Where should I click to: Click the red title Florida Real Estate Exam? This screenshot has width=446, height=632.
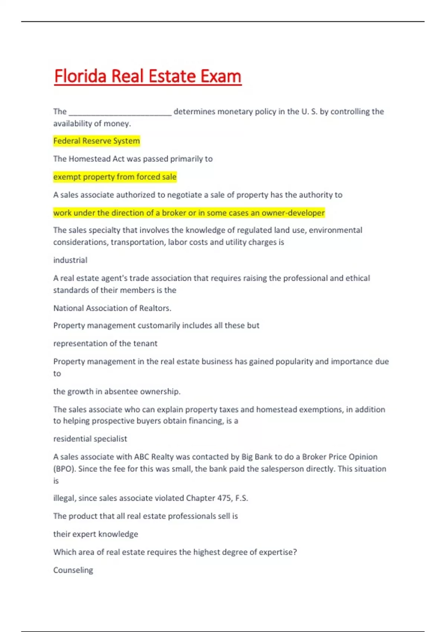pos(148,76)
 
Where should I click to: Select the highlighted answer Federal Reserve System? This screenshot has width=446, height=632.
pos(97,141)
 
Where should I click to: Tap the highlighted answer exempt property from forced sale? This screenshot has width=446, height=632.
pos(115,177)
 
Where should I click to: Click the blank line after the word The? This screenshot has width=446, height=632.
pos(120,112)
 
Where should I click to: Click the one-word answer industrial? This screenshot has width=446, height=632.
pos(70,260)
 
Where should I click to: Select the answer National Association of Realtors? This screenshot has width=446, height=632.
pos(112,308)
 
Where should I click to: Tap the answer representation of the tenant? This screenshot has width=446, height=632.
pos(105,344)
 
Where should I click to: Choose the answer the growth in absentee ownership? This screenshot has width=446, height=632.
pos(117,391)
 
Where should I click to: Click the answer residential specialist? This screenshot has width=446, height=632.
pos(90,439)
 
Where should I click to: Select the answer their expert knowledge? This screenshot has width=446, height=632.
pos(96,534)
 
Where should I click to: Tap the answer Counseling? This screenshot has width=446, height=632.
pos(73,570)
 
